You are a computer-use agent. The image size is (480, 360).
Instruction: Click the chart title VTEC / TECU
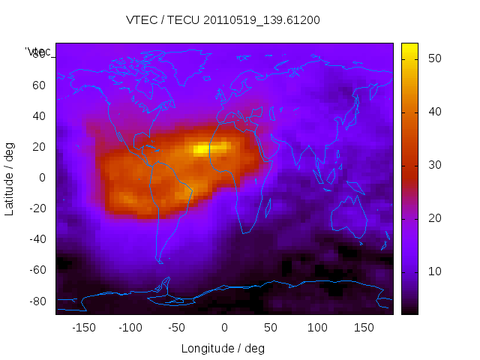point(223,20)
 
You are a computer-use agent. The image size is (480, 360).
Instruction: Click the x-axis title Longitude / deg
point(223,348)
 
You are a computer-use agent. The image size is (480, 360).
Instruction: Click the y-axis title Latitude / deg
point(10,178)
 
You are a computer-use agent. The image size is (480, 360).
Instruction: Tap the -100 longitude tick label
point(130,328)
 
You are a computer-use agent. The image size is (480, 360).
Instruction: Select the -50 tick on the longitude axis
point(177,328)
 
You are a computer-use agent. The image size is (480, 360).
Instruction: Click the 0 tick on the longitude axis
point(223,328)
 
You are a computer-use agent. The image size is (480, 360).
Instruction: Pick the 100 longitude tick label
point(317,328)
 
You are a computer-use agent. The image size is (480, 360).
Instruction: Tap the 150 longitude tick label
point(364,328)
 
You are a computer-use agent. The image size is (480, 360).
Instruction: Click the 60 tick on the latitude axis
point(38,85)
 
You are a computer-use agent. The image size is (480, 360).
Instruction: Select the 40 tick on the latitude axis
point(38,116)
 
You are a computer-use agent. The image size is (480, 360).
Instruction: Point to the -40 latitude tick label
point(36,239)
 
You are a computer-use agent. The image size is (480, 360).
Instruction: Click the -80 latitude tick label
point(36,301)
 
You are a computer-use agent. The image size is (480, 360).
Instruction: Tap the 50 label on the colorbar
point(433,58)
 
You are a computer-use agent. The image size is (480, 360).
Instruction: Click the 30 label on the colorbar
point(433,164)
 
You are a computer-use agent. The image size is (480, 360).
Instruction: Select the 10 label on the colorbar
point(433,271)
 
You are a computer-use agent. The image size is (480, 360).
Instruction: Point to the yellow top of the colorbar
point(409,49)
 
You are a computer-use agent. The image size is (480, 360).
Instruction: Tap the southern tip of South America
point(160,262)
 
